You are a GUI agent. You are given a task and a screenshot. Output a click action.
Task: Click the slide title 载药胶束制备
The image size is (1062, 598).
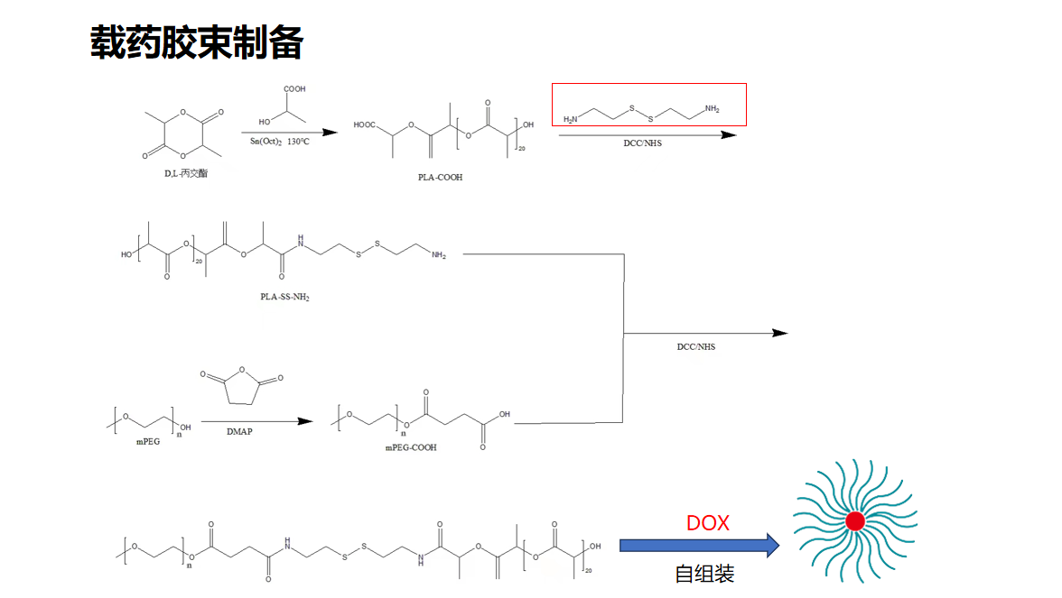pyautogui.click(x=196, y=41)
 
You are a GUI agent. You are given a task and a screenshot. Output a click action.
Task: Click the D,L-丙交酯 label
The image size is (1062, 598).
pyautogui.click(x=186, y=172)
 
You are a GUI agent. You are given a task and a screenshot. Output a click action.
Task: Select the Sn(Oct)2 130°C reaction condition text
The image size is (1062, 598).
pyautogui.click(x=280, y=142)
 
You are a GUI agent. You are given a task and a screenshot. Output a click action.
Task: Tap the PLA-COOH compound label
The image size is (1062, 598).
pyautogui.click(x=440, y=178)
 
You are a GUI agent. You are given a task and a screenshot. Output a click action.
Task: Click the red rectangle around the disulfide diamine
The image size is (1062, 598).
pyautogui.click(x=648, y=105)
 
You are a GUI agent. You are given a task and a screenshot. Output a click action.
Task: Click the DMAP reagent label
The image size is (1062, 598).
pyautogui.click(x=239, y=432)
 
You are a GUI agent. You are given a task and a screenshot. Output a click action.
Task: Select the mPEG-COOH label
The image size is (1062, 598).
pyautogui.click(x=411, y=447)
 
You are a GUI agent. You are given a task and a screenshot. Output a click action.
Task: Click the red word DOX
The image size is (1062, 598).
pyautogui.click(x=707, y=523)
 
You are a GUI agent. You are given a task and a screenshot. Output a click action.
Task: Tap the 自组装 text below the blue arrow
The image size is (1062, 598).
pyautogui.click(x=704, y=574)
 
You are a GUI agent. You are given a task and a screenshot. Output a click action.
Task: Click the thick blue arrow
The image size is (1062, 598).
pyautogui.click(x=699, y=545)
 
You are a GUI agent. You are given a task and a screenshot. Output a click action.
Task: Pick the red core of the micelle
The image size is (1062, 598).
pyautogui.click(x=854, y=520)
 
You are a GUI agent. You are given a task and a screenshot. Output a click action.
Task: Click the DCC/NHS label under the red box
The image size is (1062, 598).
pyautogui.click(x=642, y=143)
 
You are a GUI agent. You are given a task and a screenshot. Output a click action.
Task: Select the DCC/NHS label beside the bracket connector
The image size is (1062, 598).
pyautogui.click(x=695, y=346)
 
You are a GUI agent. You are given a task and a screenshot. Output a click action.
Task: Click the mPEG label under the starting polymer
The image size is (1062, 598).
pyautogui.click(x=147, y=441)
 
